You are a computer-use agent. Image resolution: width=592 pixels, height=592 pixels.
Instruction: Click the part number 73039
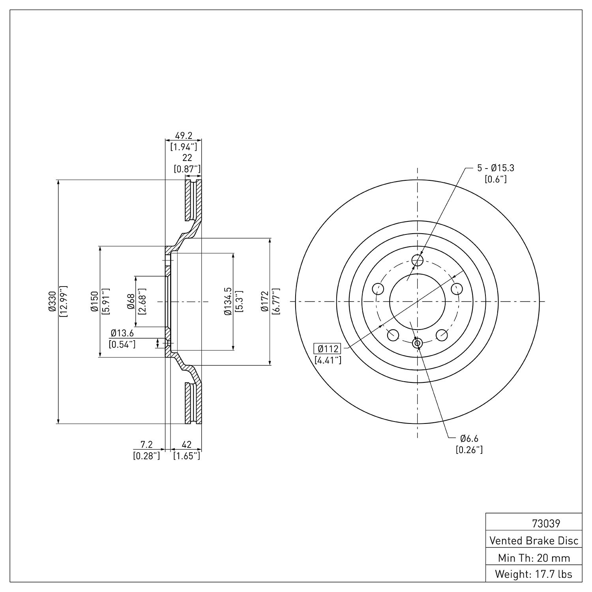click(x=546, y=524)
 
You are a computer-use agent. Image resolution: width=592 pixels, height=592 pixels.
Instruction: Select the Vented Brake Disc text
click(x=534, y=540)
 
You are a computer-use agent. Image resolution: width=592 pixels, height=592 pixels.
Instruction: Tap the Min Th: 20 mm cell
click(x=534, y=558)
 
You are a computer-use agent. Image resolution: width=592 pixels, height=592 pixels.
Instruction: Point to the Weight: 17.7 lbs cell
click(x=534, y=574)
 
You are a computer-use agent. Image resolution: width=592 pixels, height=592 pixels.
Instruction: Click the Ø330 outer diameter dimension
click(x=52, y=302)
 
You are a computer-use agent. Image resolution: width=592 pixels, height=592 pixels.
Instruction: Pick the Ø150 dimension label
click(x=94, y=302)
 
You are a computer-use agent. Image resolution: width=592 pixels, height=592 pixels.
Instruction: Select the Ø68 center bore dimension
click(x=131, y=302)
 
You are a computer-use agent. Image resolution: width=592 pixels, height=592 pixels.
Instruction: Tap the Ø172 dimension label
click(x=265, y=302)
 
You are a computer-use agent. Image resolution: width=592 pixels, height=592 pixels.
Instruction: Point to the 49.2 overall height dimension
click(x=184, y=135)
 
